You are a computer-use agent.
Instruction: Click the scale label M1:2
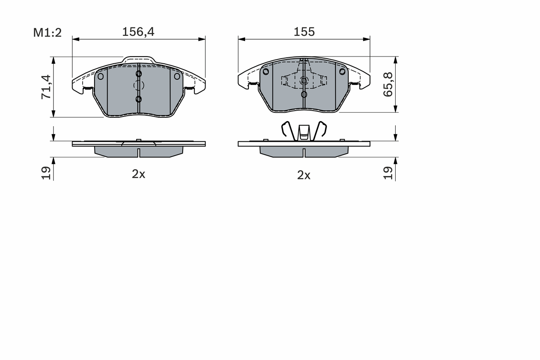(48, 33)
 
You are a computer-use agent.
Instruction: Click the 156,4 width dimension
(138, 32)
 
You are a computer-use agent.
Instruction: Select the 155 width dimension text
(304, 32)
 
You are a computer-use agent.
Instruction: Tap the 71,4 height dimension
(46, 87)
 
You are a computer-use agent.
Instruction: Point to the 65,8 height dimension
(388, 85)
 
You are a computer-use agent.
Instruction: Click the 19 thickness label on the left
(46, 173)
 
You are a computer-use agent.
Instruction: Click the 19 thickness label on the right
(388, 173)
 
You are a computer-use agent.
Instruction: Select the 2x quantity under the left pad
(138, 174)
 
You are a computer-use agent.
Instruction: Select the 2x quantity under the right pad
(304, 175)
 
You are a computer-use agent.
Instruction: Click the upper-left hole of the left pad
(100, 76)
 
